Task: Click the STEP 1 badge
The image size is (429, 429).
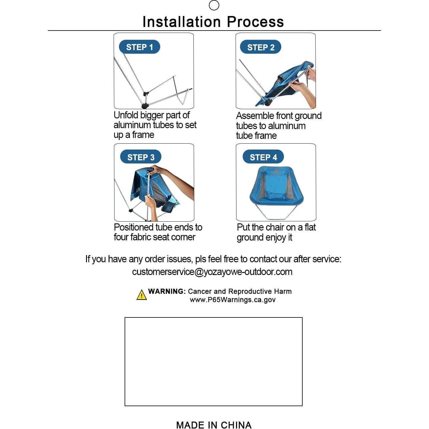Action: pos(139,47)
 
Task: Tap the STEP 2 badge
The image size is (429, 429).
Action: pos(260,47)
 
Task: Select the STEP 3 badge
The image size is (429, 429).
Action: pos(141,157)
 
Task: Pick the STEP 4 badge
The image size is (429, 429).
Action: pos(263,157)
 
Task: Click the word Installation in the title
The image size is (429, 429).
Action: pos(182,22)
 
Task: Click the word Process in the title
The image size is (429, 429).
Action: pos(255,22)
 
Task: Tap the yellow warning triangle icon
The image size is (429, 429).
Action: pos(142,295)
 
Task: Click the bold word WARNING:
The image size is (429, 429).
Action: pos(167,291)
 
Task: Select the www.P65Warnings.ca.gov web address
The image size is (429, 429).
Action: pos(233,300)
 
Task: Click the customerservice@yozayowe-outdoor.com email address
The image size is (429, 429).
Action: pos(212,272)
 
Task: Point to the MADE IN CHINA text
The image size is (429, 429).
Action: pos(214,425)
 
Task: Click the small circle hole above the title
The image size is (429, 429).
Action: pos(214,5)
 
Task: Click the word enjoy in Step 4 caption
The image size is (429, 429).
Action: pos(276,238)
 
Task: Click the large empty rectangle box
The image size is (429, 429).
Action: pos(213,361)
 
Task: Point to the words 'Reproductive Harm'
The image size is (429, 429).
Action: pos(260,291)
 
